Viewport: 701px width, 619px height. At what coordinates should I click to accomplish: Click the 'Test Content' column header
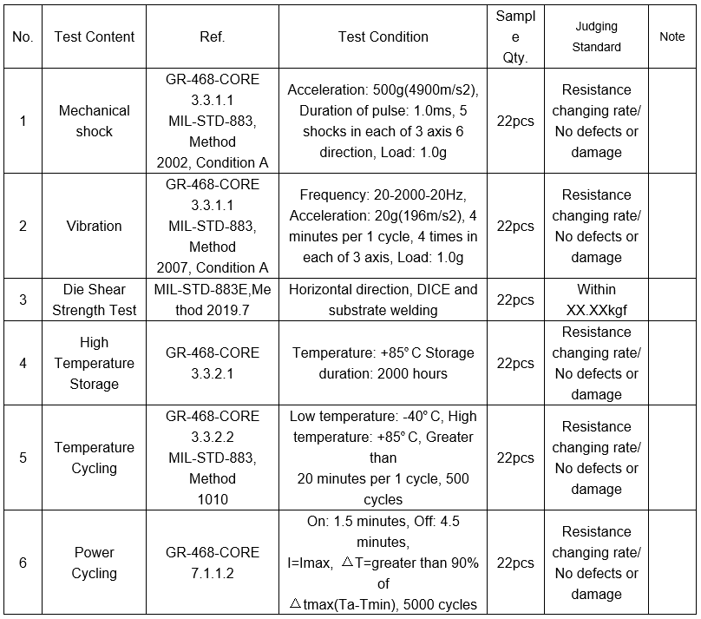[x=94, y=36]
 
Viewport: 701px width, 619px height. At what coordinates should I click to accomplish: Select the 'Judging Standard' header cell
[x=596, y=36]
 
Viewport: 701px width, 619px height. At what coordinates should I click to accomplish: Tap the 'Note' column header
[x=672, y=36]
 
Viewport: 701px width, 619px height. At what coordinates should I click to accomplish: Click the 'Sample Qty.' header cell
[x=515, y=37]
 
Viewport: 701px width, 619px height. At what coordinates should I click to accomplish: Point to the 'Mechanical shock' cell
[x=94, y=121]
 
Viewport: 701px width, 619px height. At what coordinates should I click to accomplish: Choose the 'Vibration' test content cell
[x=94, y=226]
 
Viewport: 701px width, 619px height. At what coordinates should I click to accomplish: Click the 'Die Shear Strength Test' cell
[x=94, y=300]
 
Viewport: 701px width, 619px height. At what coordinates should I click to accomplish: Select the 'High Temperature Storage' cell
[x=94, y=363]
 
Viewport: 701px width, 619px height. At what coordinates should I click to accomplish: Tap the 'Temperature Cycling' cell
[x=94, y=458]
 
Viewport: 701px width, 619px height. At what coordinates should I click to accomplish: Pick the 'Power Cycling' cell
[x=94, y=563]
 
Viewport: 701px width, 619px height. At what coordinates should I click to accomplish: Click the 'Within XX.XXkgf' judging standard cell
[x=596, y=300]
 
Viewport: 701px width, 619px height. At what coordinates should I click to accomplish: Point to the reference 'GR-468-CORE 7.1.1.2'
[x=213, y=563]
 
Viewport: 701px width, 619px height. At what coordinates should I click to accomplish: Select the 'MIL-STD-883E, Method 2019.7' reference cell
[x=213, y=300]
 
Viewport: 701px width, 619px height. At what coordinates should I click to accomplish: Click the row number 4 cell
[x=23, y=363]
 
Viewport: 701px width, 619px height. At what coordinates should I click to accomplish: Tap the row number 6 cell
[x=23, y=563]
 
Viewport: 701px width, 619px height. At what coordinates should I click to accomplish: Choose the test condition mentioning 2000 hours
[x=383, y=363]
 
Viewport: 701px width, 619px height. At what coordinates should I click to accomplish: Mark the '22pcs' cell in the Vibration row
[x=515, y=226]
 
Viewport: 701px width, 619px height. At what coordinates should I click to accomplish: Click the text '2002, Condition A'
[x=213, y=162]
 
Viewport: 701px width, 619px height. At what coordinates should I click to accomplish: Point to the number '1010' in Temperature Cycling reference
[x=213, y=499]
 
